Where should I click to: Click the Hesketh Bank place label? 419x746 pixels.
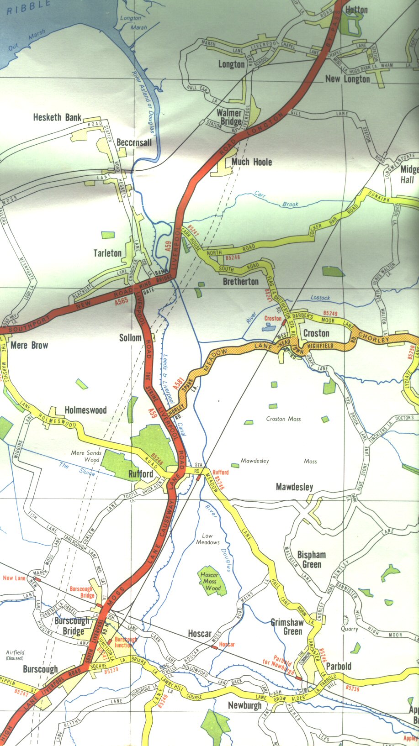pyautogui.click(x=57, y=117)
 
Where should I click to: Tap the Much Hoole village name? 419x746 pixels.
pyautogui.click(x=251, y=162)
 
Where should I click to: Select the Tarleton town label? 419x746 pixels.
pyautogui.click(x=107, y=253)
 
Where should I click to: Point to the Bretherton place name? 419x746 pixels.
pyautogui.click(x=240, y=281)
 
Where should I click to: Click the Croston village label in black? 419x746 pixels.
pyautogui.click(x=316, y=333)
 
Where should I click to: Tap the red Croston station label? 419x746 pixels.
pyautogui.click(x=273, y=318)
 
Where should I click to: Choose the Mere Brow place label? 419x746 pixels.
pyautogui.click(x=29, y=345)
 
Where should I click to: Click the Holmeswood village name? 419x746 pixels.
pyautogui.click(x=85, y=410)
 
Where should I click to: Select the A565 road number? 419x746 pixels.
pyautogui.click(x=122, y=301)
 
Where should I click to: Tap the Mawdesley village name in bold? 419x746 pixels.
pyautogui.click(x=294, y=487)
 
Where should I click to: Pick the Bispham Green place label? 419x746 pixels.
pyautogui.click(x=312, y=559)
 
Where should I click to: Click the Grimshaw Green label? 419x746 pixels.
pyautogui.click(x=286, y=627)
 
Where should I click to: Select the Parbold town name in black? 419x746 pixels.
pyautogui.click(x=339, y=666)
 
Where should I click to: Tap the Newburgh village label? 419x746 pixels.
pyautogui.click(x=244, y=705)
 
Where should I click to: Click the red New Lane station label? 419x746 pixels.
pyautogui.click(x=14, y=578)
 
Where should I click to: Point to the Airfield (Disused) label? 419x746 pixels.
pyautogui.click(x=16, y=655)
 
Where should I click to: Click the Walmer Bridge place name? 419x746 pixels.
pyautogui.click(x=229, y=117)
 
